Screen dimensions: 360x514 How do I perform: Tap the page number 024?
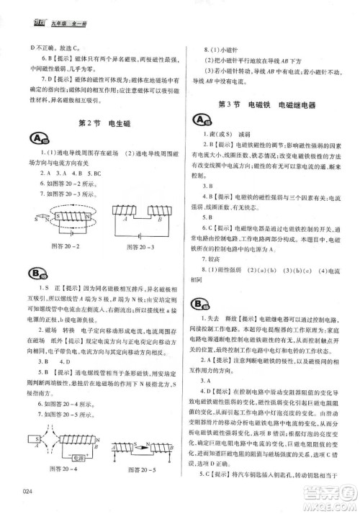coord(29,491)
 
